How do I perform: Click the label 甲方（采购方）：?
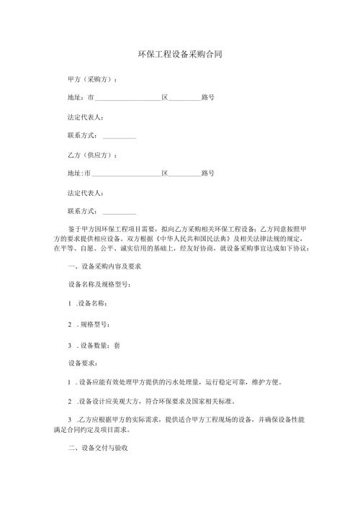click(93, 78)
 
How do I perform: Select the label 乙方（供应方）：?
click(93, 155)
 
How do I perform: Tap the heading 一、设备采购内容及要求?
click(103, 266)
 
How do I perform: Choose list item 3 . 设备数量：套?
click(94, 345)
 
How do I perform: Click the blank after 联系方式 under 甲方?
click(120, 135)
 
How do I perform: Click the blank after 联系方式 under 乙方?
click(120, 212)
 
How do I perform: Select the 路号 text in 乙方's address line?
click(208, 174)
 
